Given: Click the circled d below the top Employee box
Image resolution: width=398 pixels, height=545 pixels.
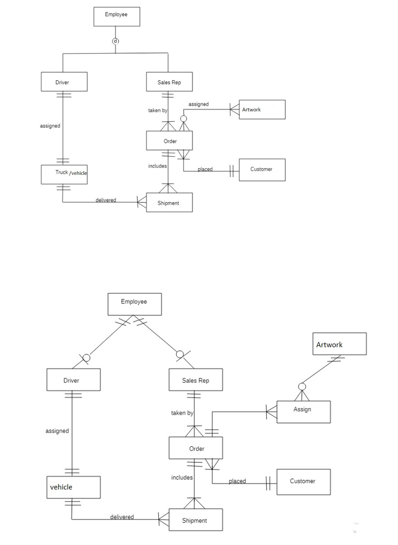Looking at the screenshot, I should pyautogui.click(x=115, y=41).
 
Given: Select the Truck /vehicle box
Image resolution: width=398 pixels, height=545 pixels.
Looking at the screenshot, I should pyautogui.click(x=64, y=174).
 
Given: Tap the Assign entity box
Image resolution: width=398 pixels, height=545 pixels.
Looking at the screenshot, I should pyautogui.click(x=303, y=411).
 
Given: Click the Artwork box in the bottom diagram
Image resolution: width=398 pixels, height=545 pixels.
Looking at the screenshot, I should pyautogui.click(x=339, y=344).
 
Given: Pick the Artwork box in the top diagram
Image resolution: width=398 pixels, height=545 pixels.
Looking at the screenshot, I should pyautogui.click(x=262, y=110).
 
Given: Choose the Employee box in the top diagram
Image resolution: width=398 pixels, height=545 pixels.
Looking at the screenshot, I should pyautogui.click(x=116, y=17).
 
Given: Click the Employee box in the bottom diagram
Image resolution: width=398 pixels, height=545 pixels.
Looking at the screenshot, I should pyautogui.click(x=134, y=304).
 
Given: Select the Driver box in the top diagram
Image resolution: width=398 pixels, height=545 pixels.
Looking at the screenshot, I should pyautogui.click(x=64, y=82).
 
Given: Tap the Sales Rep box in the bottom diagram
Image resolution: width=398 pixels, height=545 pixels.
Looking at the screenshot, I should pyautogui.click(x=195, y=380).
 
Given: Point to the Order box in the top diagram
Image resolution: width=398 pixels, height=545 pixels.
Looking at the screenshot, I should pyautogui.click(x=169, y=141).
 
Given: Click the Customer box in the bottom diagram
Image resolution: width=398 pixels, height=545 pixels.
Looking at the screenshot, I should pyautogui.click(x=303, y=481).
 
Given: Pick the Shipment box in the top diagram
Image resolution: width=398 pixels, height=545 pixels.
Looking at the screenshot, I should pyautogui.click(x=169, y=203).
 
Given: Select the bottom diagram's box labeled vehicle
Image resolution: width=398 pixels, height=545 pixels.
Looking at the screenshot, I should pyautogui.click(x=73, y=487).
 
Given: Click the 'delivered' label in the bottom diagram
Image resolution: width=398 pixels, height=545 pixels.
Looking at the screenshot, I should pyautogui.click(x=122, y=517).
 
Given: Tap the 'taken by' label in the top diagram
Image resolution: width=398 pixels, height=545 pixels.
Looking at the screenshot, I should pyautogui.click(x=157, y=111).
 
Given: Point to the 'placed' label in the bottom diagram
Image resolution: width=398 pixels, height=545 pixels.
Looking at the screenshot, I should pyautogui.click(x=237, y=481).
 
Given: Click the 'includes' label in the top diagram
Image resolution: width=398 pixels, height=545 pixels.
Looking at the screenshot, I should pyautogui.click(x=157, y=166).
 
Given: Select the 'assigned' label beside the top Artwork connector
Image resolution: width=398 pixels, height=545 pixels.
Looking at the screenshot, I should pyautogui.click(x=199, y=104).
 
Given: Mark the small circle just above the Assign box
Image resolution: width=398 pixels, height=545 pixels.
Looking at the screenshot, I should pyautogui.click(x=303, y=387).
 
